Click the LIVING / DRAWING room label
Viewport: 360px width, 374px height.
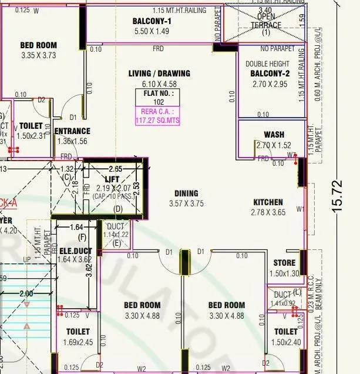click(x=159, y=74)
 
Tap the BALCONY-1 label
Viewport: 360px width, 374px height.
click(x=152, y=22)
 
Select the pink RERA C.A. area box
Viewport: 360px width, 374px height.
click(x=159, y=116)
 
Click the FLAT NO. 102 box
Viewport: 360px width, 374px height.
click(x=159, y=97)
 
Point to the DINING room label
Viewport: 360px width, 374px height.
click(x=186, y=193)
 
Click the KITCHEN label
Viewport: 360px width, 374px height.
click(x=267, y=202)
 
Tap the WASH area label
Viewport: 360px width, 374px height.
click(x=274, y=135)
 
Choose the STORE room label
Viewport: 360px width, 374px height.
click(x=285, y=263)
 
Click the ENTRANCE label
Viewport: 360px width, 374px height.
click(x=72, y=131)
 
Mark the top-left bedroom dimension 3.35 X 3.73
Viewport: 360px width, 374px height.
click(x=38, y=56)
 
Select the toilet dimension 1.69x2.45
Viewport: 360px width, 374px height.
click(x=78, y=342)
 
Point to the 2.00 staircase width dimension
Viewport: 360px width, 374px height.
click(x=26, y=293)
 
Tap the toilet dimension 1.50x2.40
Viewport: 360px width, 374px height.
click(x=285, y=342)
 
